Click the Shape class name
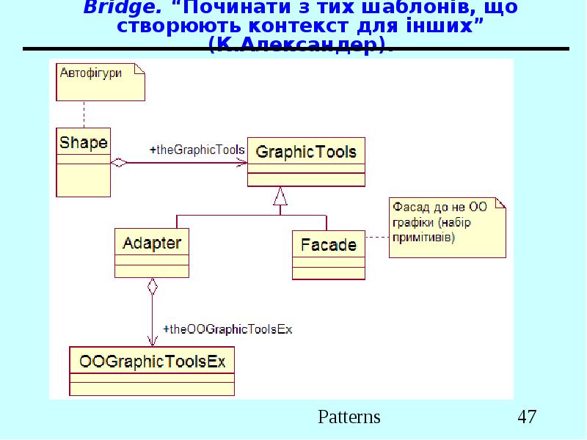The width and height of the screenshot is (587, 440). [x=83, y=142]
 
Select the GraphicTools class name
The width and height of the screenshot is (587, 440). [x=305, y=153]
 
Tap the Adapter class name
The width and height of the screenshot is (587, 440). [x=152, y=243]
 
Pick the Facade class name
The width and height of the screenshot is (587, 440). [x=328, y=245]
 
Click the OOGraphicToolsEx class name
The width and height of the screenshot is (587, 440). [x=152, y=362]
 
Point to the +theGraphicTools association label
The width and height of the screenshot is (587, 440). [x=197, y=150]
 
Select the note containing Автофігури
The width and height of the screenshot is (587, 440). [x=101, y=81]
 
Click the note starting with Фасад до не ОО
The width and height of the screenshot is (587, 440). [x=447, y=227]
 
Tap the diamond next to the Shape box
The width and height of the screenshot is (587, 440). [x=118, y=163]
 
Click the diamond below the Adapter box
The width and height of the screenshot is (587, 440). [x=152, y=286]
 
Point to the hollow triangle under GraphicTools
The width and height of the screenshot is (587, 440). [x=279, y=196]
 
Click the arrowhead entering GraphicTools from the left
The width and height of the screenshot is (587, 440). [x=241, y=163]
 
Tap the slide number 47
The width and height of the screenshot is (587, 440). [x=527, y=417]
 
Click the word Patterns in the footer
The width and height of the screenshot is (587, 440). [x=349, y=417]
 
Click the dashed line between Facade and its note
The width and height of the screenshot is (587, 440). [x=376, y=237]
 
